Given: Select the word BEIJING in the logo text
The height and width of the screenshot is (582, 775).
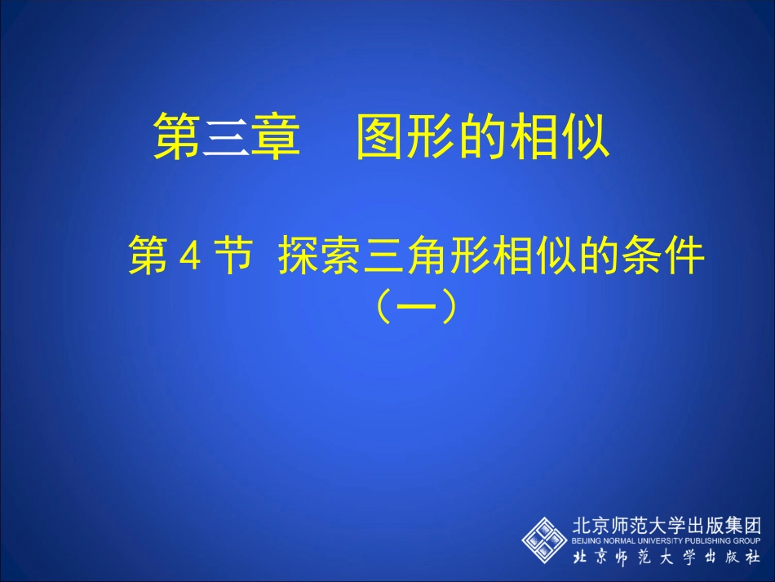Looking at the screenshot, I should coord(586,540).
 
